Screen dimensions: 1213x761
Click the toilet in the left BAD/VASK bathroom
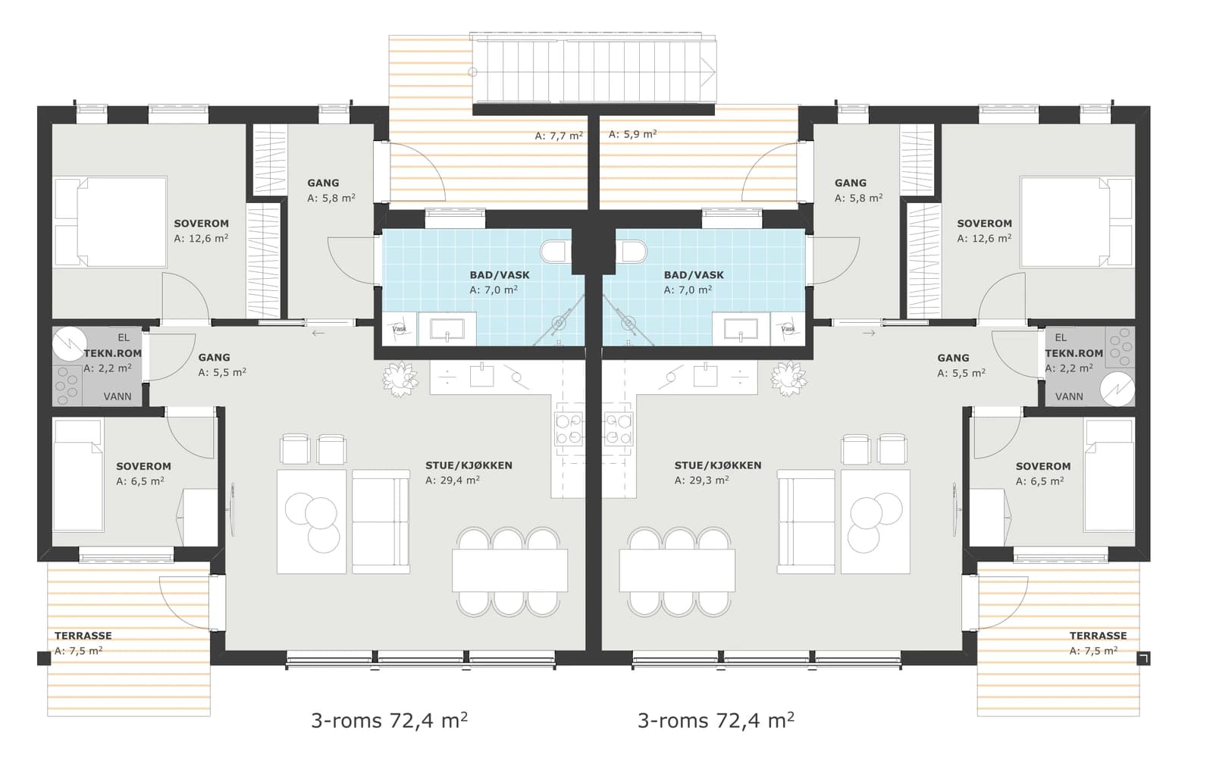[553, 252]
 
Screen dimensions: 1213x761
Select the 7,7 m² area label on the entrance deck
[559, 136]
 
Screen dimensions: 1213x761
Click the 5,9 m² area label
[632, 133]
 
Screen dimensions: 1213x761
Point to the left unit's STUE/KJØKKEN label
[469, 465]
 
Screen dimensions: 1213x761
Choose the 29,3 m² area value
[701, 480]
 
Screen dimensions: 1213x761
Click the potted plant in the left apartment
[400, 378]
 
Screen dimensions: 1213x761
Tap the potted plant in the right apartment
[788, 378]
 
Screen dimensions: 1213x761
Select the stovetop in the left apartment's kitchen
[569, 429]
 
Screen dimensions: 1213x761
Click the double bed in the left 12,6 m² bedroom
[111, 222]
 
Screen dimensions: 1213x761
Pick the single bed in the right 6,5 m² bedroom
[1108, 474]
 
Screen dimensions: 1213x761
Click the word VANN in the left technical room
[118, 396]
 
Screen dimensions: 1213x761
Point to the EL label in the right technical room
[1061, 338]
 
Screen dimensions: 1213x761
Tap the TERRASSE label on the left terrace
[83, 635]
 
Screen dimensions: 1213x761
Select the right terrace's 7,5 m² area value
[1093, 650]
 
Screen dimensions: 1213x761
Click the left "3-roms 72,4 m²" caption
[390, 720]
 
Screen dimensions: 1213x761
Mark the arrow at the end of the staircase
[708, 71]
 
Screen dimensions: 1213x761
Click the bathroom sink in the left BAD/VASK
[447, 328]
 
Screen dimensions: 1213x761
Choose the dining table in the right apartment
[677, 571]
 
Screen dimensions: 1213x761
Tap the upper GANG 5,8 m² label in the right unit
[858, 190]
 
